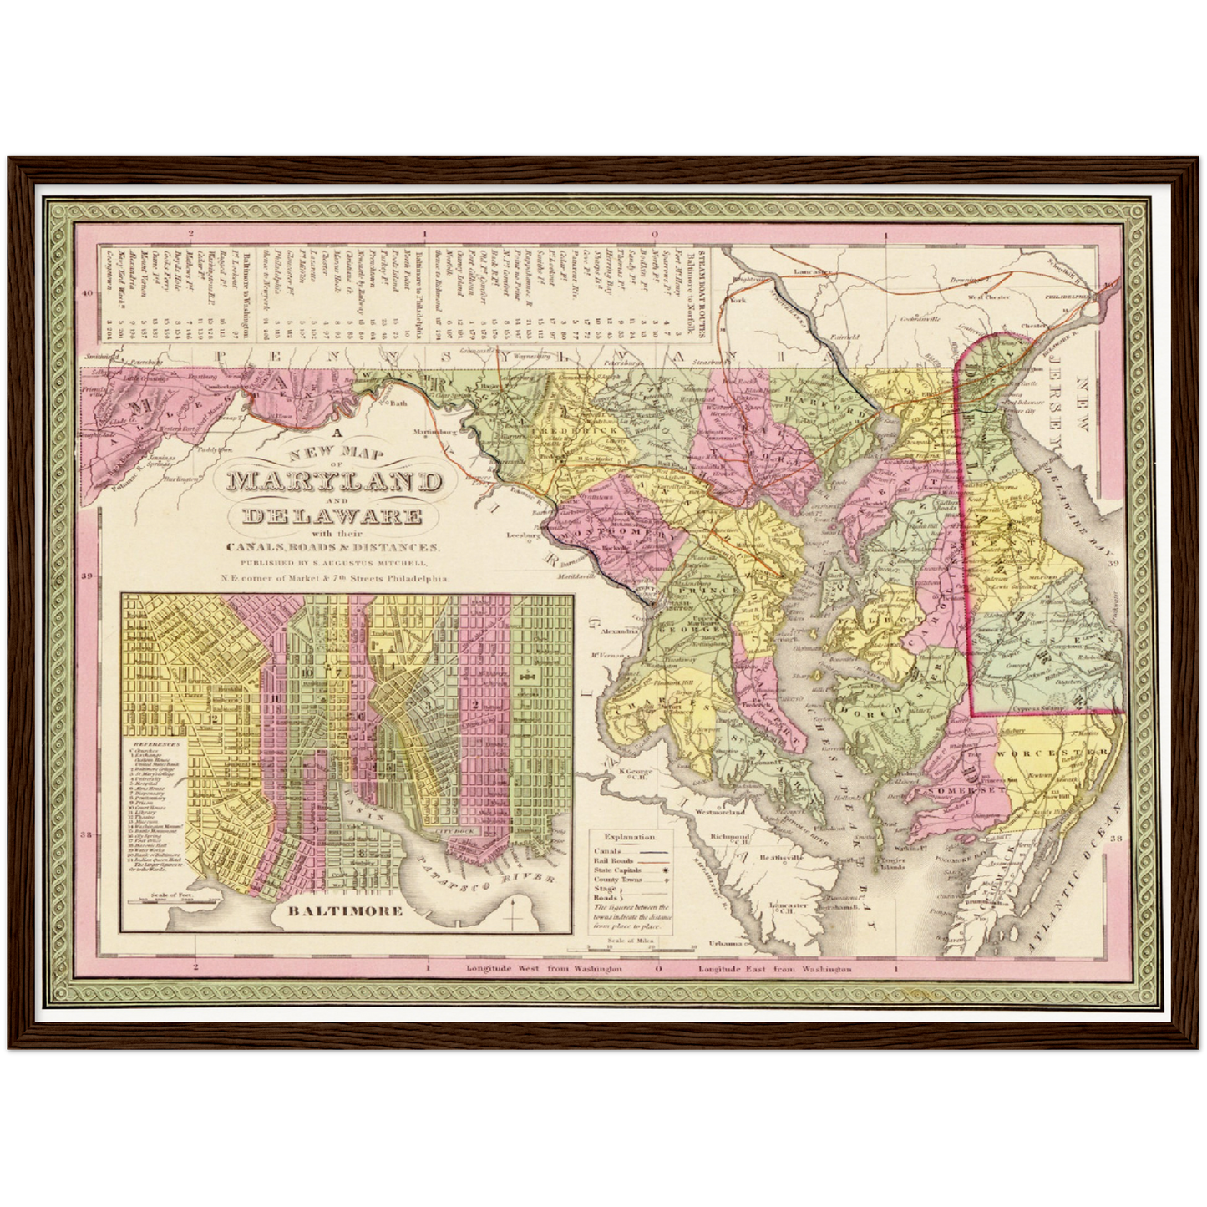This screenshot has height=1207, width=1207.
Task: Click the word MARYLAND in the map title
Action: (x=334, y=483)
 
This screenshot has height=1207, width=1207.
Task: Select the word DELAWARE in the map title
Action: (x=332, y=516)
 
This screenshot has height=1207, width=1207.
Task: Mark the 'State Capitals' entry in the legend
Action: (x=619, y=870)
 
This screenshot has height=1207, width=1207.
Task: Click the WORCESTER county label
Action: (x=1052, y=753)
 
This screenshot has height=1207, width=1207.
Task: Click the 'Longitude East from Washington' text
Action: (x=774, y=969)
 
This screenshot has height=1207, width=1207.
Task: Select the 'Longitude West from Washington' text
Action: (x=544, y=969)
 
